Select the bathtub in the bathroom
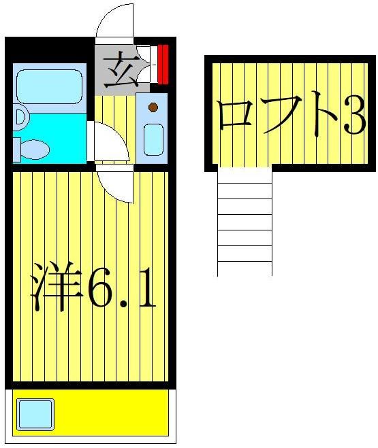[x=48, y=87]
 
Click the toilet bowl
[x=35, y=148]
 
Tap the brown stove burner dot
[x=153, y=107]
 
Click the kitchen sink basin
[x=153, y=139]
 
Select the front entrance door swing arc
[x=114, y=20]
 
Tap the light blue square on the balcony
[x=35, y=413]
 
